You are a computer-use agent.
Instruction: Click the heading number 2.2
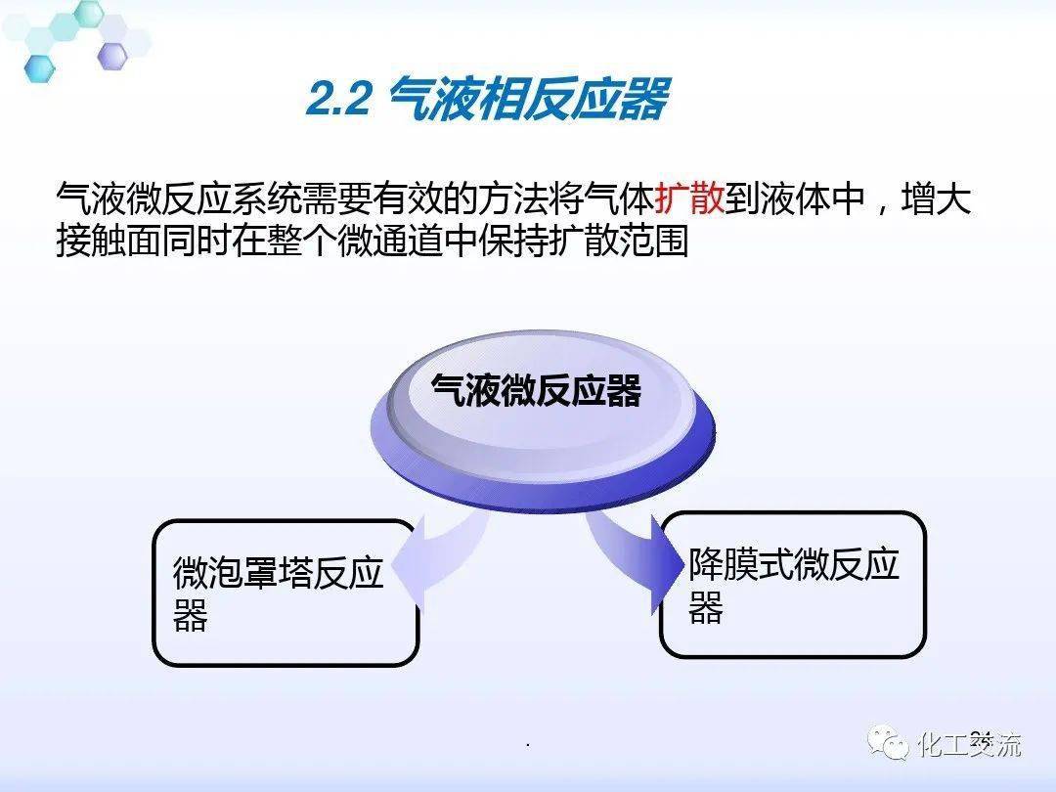337,101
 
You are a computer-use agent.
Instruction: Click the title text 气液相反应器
529,101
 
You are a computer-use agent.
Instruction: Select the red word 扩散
689,199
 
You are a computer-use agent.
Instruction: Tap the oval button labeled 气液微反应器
537,392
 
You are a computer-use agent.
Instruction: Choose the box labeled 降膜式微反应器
792,585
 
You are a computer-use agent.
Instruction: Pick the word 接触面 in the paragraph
109,242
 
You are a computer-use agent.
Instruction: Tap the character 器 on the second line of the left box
191,617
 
